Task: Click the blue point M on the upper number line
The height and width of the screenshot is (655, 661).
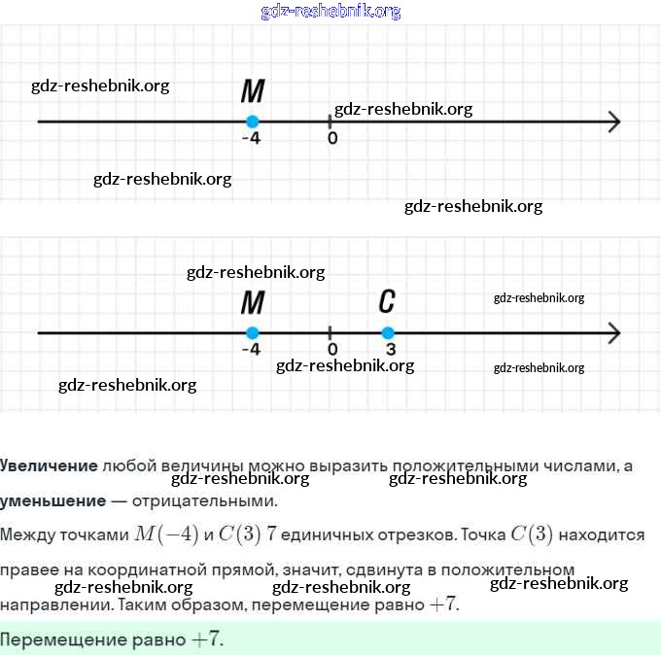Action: [x=252, y=121]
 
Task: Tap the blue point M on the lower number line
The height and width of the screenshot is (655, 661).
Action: [x=252, y=333]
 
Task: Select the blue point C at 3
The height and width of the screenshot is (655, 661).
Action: [x=388, y=333]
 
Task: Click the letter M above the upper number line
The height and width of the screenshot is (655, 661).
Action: [x=253, y=91]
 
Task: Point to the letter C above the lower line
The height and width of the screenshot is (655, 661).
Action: [x=387, y=301]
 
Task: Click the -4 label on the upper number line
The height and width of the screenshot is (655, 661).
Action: [x=251, y=138]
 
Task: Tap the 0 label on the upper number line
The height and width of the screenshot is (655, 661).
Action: [x=332, y=138]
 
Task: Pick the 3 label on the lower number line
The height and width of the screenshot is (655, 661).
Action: [x=390, y=349]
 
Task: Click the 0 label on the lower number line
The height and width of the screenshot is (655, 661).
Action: [x=332, y=349]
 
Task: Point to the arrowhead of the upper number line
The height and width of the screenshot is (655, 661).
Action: [x=613, y=121]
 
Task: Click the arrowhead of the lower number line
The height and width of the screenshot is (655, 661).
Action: [x=613, y=333]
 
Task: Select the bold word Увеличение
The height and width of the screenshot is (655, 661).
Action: [x=49, y=465]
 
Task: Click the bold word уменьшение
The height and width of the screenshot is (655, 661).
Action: [x=52, y=501]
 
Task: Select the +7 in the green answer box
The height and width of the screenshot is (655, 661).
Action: [x=207, y=639]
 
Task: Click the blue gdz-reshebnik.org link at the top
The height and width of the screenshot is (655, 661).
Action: [x=330, y=12]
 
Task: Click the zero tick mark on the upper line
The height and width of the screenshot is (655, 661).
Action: [x=330, y=121]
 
